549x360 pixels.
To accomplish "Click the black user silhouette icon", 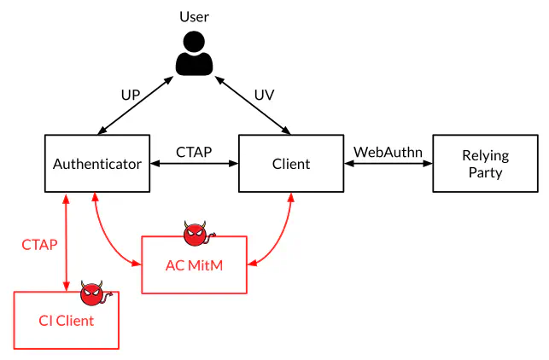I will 195,54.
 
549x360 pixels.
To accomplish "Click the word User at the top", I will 195,17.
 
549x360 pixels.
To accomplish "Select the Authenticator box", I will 97,163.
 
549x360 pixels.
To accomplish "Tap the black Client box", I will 290,163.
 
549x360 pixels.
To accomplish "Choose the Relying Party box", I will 485,163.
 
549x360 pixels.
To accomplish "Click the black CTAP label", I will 194,152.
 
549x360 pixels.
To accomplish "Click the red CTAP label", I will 39,245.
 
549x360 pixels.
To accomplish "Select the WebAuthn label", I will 388,152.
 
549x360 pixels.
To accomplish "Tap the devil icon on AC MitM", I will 196,232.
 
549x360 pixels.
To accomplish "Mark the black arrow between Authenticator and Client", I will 194,164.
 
